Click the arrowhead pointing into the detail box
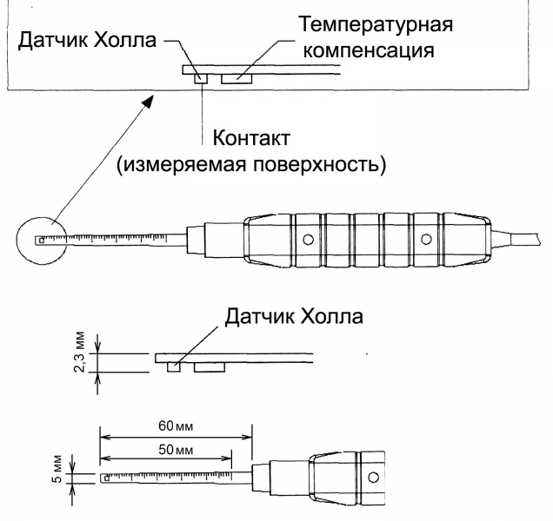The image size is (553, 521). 149,104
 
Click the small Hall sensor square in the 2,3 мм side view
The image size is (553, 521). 174,366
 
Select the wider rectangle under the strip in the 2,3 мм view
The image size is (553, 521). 209,366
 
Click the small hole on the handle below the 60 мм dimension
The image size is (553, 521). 374,478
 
